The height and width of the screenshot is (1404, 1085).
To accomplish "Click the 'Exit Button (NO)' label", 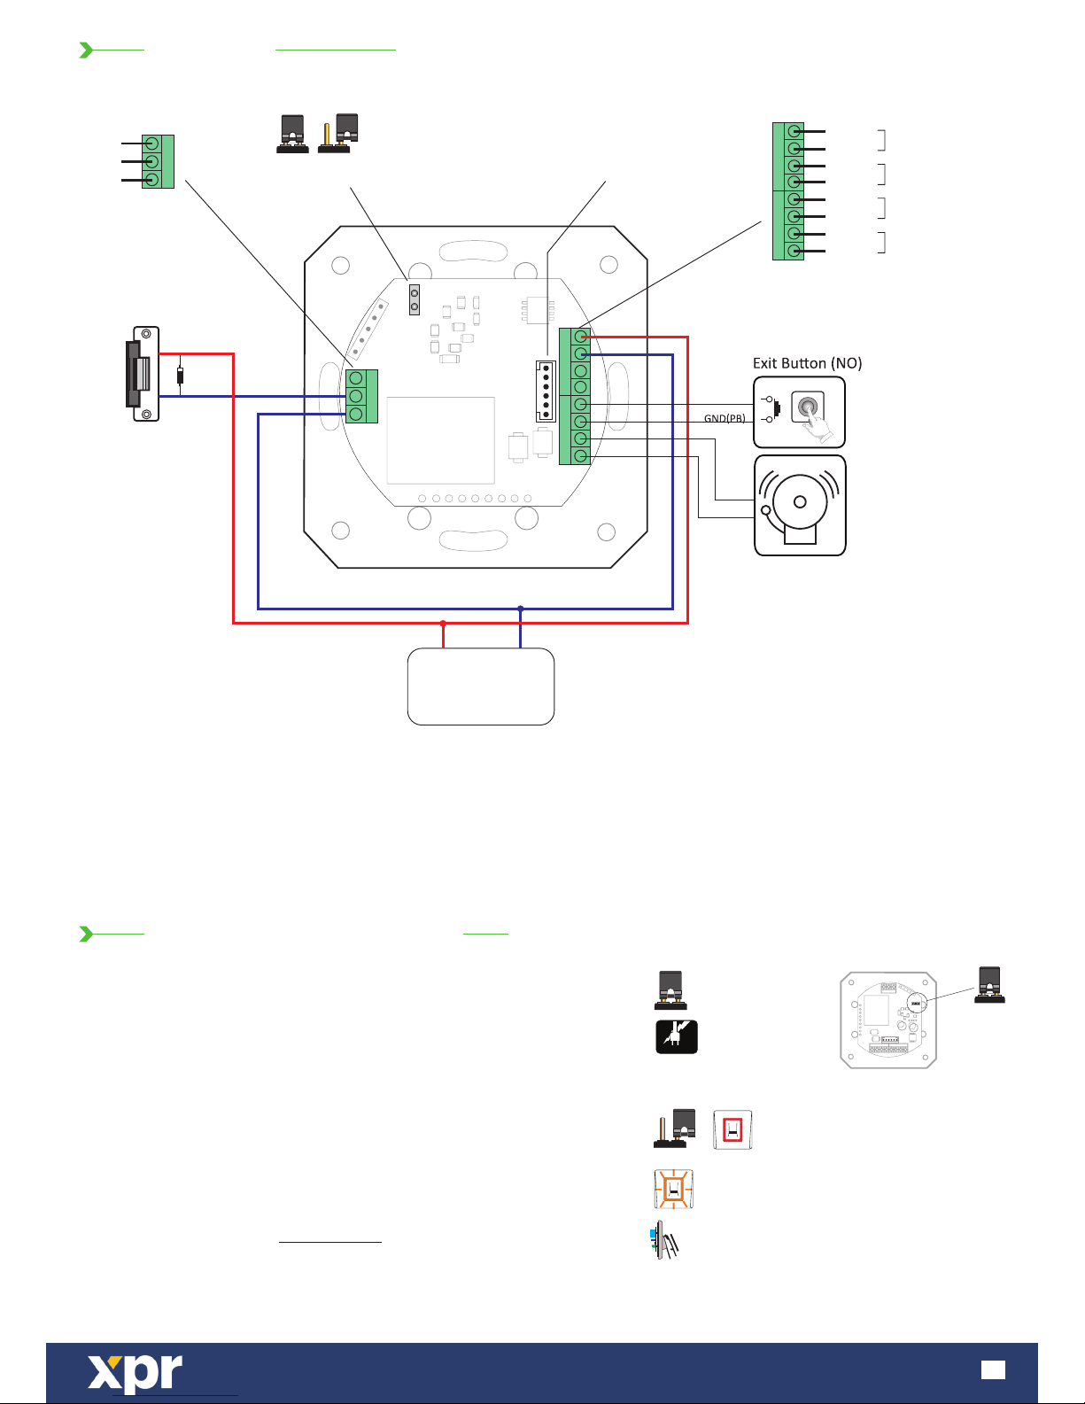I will pos(807,363).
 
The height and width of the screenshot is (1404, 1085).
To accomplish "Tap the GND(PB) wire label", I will pos(725,418).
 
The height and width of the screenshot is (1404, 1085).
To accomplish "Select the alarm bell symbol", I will pos(800,506).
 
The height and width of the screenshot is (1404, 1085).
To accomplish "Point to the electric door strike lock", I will pos(143,374).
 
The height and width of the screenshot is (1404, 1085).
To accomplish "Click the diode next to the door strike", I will pos(181,376).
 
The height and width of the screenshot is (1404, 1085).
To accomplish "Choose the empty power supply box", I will pos(481,686).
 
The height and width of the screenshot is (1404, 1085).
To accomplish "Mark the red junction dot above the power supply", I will pos(443,624).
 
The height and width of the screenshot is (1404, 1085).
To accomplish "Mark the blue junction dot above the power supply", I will pos(521,609).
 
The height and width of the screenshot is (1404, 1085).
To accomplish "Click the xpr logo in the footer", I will pos(135,1372).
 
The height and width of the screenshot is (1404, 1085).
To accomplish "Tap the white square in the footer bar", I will pos(993,1370).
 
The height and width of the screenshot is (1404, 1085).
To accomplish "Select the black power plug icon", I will pos(677,1037).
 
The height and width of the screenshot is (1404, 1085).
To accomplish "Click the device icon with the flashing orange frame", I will pos(673,1190).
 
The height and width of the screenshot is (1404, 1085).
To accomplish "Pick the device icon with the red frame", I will pos(732,1130).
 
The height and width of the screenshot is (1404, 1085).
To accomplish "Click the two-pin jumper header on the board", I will pos(414,299).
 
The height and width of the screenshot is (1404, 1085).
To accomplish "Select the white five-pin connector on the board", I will pos(546,391).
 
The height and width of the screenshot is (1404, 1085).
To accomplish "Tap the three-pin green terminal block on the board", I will pos(361,396).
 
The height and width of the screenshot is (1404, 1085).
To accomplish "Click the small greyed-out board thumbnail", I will pos(888,1020).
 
